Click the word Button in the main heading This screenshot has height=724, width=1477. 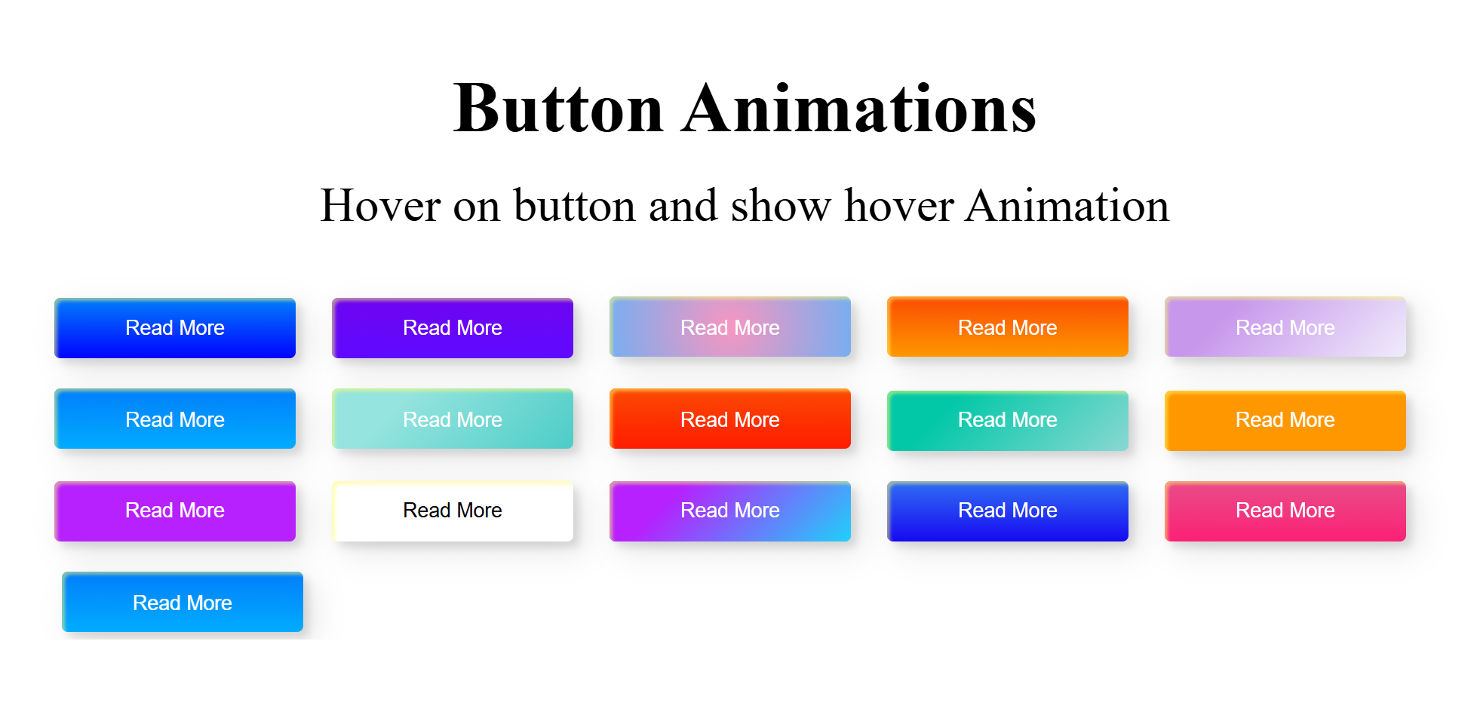[x=558, y=109]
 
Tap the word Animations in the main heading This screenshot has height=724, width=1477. [x=859, y=109]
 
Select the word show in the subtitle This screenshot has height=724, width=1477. [x=781, y=205]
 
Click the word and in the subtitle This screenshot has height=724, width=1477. [x=683, y=205]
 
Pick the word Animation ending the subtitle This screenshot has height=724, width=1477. [x=1067, y=205]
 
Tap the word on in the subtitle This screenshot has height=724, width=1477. [x=477, y=207]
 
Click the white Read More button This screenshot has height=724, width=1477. [x=453, y=511]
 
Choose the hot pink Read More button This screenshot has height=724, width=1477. [x=1285, y=511]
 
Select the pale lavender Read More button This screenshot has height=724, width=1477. [x=1285, y=327]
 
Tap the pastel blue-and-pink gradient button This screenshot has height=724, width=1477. [x=730, y=327]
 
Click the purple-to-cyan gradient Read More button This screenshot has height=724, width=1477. [x=730, y=511]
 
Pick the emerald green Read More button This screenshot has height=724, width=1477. [x=1008, y=421]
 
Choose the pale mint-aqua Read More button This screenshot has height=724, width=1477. [x=453, y=419]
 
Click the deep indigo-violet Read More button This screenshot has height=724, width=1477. [x=453, y=328]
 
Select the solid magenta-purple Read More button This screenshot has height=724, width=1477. [x=175, y=511]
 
